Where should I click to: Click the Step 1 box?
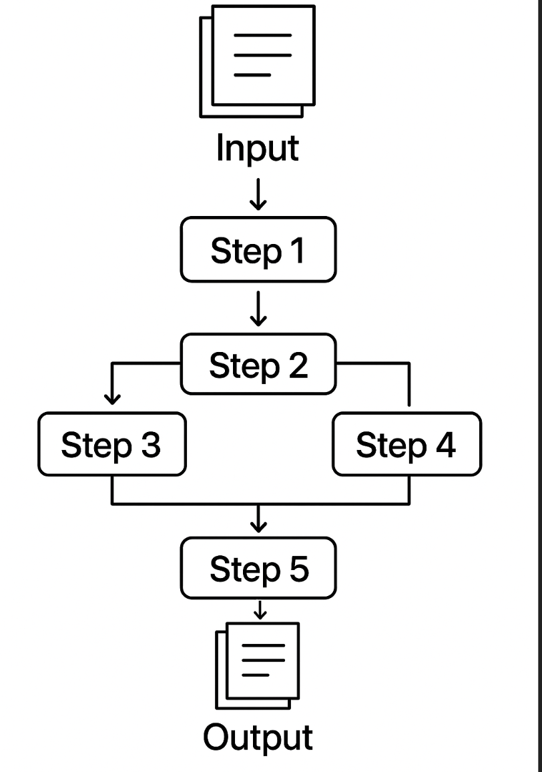point(258,249)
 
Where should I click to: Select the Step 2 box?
point(258,365)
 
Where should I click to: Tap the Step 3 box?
point(111,444)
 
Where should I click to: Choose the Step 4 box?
point(406,444)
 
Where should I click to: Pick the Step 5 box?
point(258,568)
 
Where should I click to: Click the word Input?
point(258,148)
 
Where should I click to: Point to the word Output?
point(258,737)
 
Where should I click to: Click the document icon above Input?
point(258,60)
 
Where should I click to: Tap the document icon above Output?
point(258,664)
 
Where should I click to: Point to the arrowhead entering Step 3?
point(113,399)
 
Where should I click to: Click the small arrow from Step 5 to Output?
point(260,610)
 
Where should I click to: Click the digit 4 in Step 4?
point(445,445)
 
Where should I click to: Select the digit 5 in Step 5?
point(298,569)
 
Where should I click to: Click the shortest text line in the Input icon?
point(252,75)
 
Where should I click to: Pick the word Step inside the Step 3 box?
point(96,445)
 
